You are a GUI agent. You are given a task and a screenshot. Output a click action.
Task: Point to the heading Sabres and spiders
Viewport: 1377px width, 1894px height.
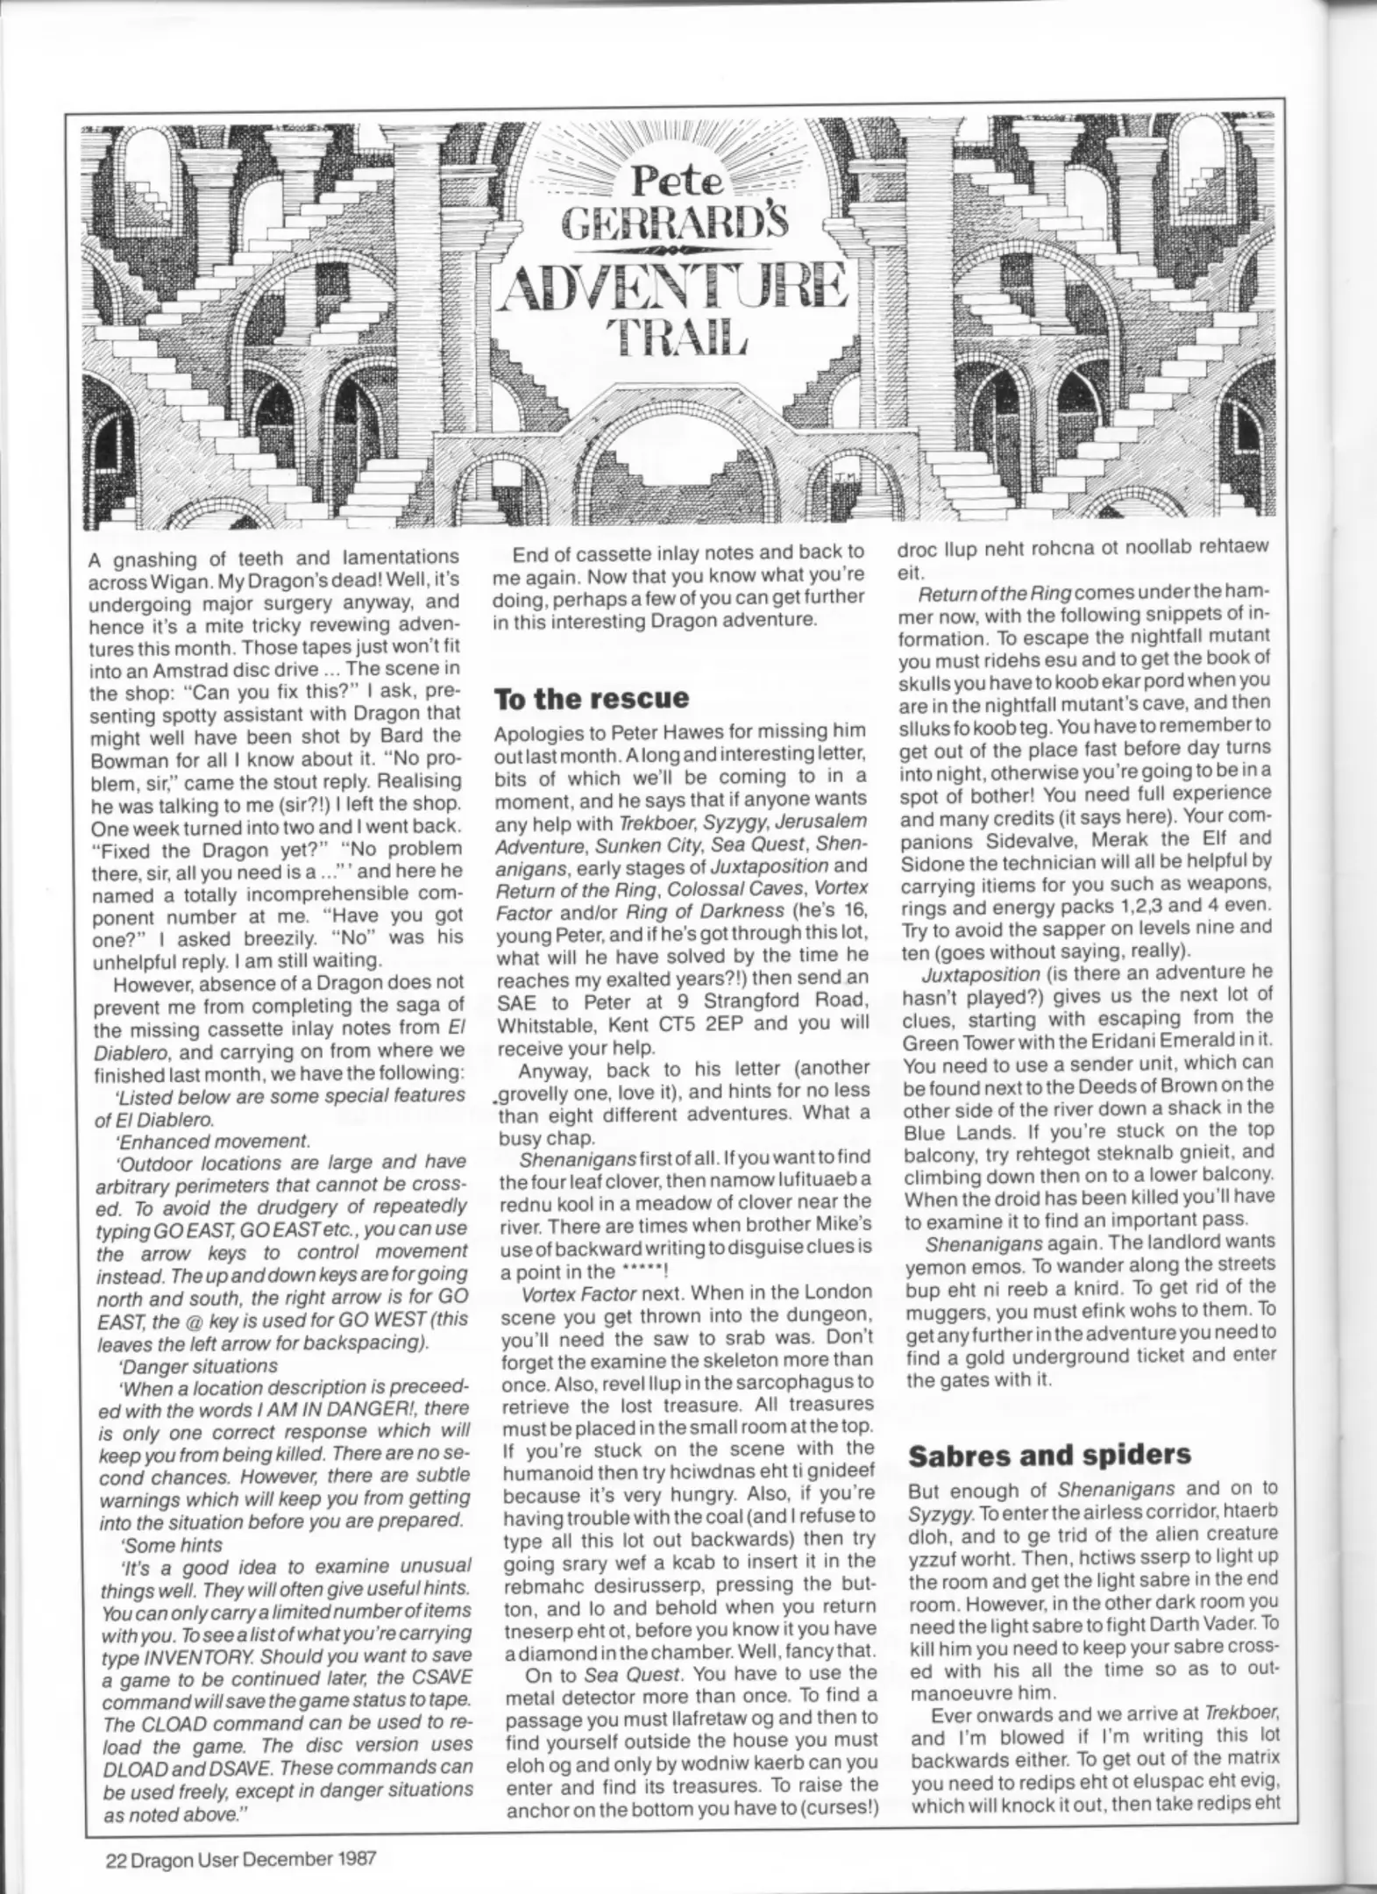tap(1049, 1455)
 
